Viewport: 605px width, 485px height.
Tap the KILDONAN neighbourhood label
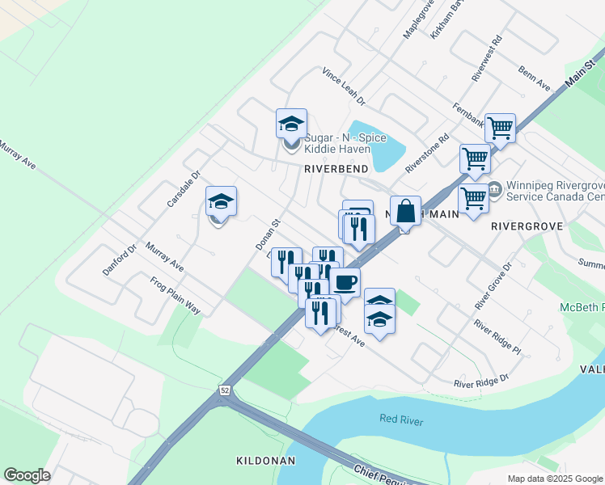pyautogui.click(x=264, y=460)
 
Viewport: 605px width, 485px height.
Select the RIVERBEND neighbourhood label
pyautogui.click(x=336, y=169)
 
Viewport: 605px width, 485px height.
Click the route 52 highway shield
pyautogui.click(x=223, y=390)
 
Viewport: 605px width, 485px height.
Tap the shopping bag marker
pyautogui.click(x=406, y=211)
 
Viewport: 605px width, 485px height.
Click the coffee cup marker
pyautogui.click(x=345, y=282)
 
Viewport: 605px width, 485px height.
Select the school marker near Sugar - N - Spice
pyautogui.click(x=291, y=125)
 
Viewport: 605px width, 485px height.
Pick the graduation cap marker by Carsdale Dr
pyautogui.click(x=221, y=202)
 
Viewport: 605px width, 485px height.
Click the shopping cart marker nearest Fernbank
pyautogui.click(x=500, y=127)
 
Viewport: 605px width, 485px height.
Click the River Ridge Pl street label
pyautogui.click(x=497, y=338)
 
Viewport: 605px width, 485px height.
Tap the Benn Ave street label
pyautogui.click(x=535, y=78)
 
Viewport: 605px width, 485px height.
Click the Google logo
pyautogui.click(x=27, y=474)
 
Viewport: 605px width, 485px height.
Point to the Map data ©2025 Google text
pyautogui.click(x=556, y=479)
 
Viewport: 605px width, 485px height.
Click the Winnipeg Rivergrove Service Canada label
pyautogui.click(x=555, y=191)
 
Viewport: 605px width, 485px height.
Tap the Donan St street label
pyautogui.click(x=266, y=233)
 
